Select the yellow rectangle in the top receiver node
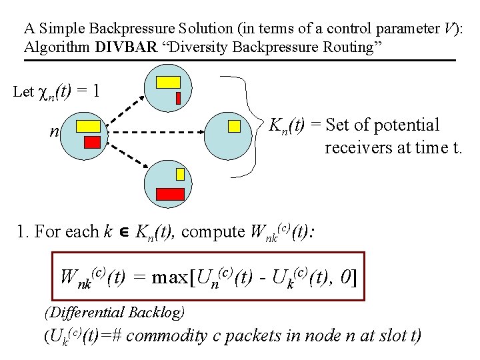[168, 82]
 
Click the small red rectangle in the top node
[178, 98]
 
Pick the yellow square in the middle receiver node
[234, 126]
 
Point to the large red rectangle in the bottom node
[170, 194]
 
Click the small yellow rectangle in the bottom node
[180, 174]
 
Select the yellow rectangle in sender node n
[88, 125]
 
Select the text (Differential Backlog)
[114, 311]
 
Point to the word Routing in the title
[351, 47]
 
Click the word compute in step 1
[213, 231]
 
